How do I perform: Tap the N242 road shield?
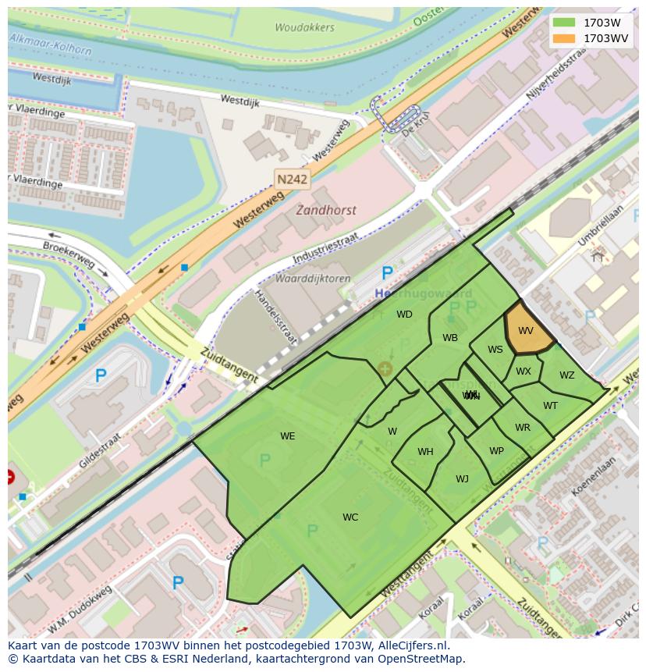point(293,179)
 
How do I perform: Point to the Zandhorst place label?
point(325,210)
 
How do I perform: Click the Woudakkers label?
point(304,27)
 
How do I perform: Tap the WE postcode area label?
point(288,436)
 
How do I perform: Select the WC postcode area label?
point(350,517)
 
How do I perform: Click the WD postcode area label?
point(404,315)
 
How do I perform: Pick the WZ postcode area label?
point(566,375)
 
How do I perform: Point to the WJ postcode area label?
point(462,479)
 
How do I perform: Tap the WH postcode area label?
point(425,452)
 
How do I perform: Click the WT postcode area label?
point(550,405)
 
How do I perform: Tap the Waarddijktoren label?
point(312,279)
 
